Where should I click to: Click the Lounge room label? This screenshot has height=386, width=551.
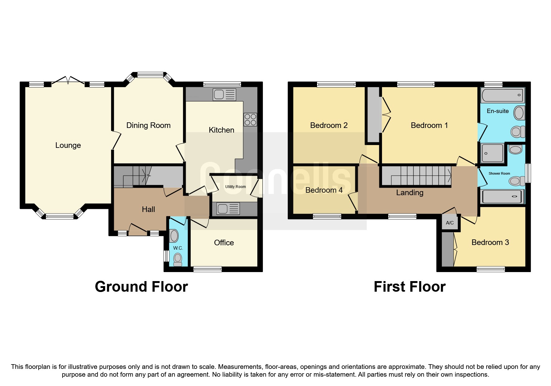pos(68,145)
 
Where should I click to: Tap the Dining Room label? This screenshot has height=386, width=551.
pos(148,125)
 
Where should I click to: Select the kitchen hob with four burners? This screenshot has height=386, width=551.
pos(250,120)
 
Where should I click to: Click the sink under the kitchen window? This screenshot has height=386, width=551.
pos(224,94)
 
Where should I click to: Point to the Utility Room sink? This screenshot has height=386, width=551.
pos(228,209)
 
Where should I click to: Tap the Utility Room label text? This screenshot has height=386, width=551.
pos(236,187)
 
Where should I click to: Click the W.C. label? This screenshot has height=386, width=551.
pos(178,248)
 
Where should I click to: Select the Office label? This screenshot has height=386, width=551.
pos(224,243)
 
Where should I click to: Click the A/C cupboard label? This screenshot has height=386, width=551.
pos(450,223)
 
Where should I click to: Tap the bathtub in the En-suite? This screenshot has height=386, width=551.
pos(502,95)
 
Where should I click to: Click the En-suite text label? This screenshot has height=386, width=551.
pos(497,111)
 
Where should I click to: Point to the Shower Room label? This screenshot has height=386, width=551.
pos(499,174)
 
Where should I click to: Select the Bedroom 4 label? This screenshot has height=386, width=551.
pos(324,190)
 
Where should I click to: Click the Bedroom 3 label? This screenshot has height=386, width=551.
pos(490,242)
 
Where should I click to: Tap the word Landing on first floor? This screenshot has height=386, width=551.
pos(409,193)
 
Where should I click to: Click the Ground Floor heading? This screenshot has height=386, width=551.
pos(141,287)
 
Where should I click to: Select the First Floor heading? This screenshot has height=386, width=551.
pos(409,287)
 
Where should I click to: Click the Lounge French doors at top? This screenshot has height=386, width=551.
pos(68,80)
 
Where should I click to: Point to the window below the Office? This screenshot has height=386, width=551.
pos(208,269)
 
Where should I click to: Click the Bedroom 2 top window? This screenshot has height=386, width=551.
pos(336,84)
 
